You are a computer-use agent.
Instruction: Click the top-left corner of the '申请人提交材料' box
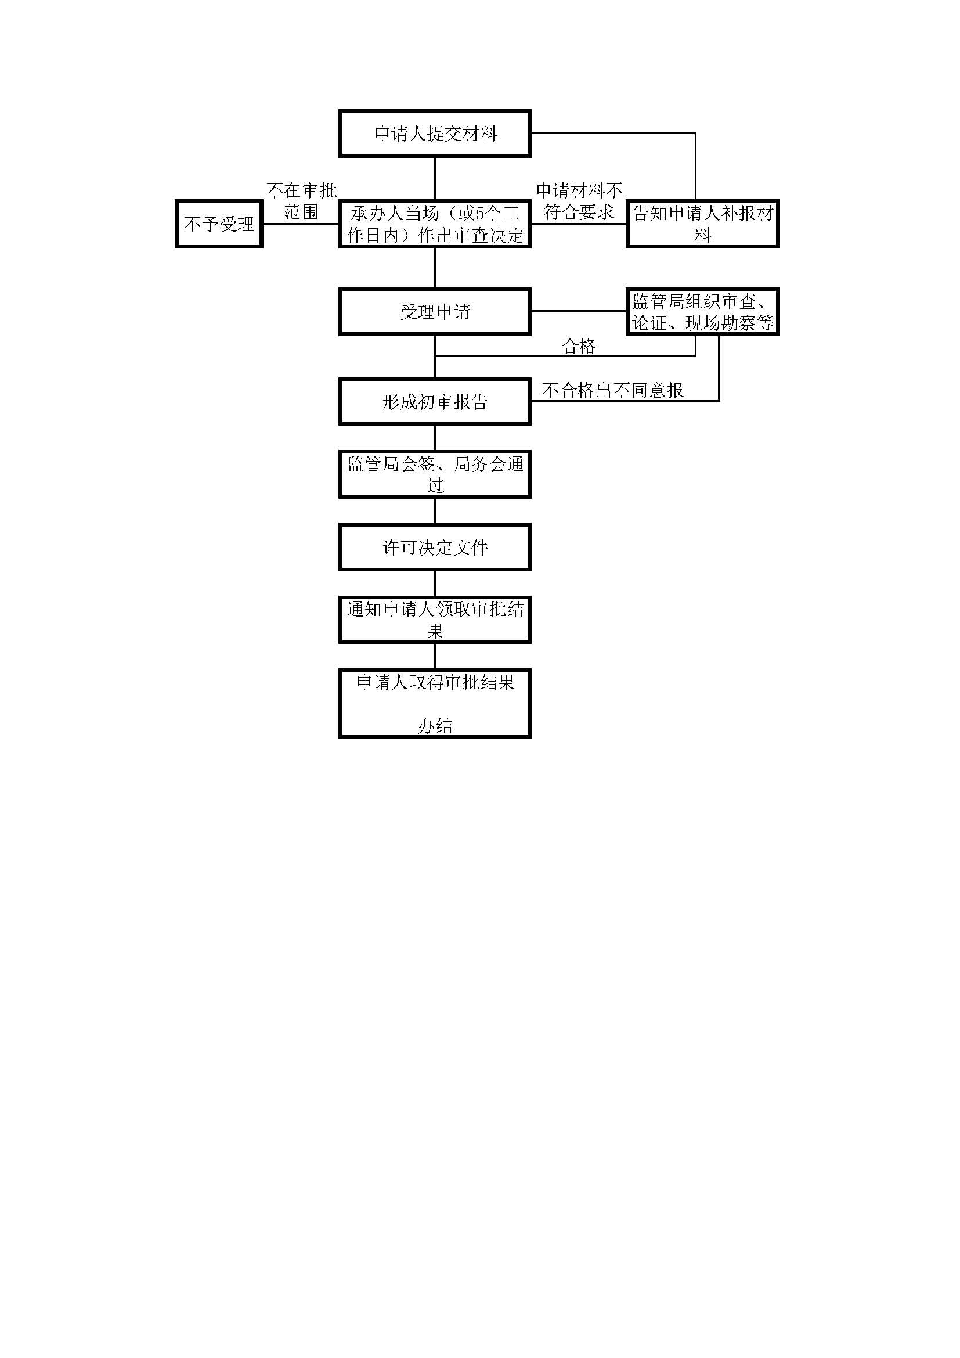coord(340,111)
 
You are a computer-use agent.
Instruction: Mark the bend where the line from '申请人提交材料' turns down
coord(695,133)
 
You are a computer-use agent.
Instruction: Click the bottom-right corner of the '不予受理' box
coord(262,247)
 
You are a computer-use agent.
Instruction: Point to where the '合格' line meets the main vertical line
coord(435,356)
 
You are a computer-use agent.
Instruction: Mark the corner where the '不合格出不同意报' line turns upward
coord(719,401)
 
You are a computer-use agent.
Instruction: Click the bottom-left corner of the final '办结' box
coord(340,737)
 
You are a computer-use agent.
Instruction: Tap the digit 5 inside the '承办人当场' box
coord(479,214)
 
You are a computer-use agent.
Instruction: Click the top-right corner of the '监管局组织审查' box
coord(778,289)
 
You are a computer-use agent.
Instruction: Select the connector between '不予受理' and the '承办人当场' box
coord(300,224)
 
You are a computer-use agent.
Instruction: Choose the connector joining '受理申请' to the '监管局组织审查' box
coord(579,311)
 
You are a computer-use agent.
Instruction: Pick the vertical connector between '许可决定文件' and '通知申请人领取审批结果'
coord(435,583)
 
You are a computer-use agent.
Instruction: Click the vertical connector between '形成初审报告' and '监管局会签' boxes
coord(435,438)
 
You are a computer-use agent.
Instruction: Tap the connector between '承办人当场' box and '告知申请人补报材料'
coord(579,224)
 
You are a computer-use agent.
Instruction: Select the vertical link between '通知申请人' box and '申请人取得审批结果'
coord(435,657)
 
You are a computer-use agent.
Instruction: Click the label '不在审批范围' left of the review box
coord(301,201)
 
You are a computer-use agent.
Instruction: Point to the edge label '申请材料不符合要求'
coord(579,201)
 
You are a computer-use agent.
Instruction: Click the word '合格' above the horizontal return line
coord(579,347)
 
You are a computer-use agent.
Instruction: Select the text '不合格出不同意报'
coord(613,390)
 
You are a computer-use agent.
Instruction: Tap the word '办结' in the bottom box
coord(435,726)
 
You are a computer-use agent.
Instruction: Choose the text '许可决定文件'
coord(435,547)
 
